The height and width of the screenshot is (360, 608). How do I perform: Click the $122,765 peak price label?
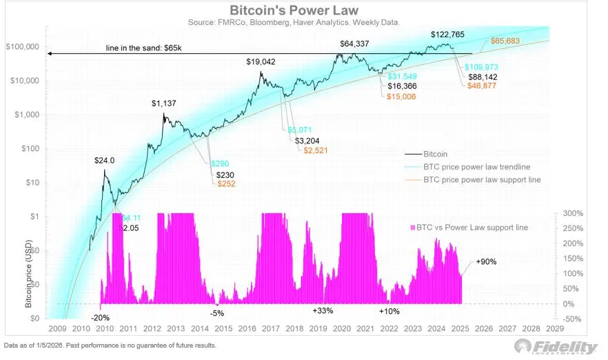point(449,34)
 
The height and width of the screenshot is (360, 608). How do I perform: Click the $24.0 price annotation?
point(105,160)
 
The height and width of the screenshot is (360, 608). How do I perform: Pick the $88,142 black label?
point(482,77)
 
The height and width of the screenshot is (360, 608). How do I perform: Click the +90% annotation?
point(486,262)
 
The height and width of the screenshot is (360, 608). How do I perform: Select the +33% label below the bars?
point(323,311)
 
